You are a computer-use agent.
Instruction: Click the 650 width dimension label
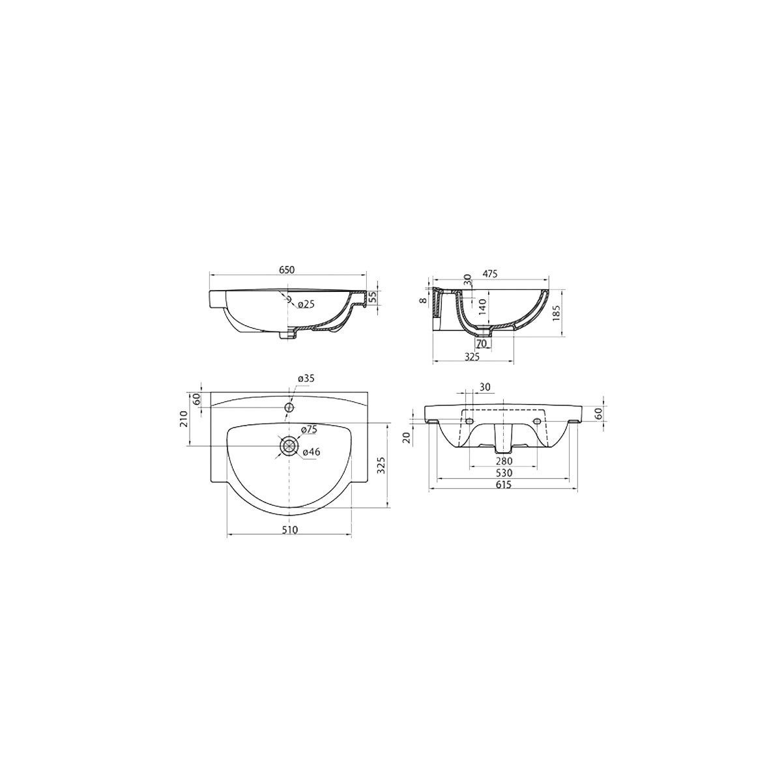(287, 269)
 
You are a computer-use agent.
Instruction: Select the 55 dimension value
(373, 297)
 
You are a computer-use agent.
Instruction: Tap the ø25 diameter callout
(306, 304)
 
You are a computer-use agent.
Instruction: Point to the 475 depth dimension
(490, 274)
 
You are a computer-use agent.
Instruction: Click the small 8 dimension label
(422, 300)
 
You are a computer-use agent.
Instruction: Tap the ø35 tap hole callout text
(306, 378)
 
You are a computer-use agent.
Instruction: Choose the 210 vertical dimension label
(183, 418)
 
